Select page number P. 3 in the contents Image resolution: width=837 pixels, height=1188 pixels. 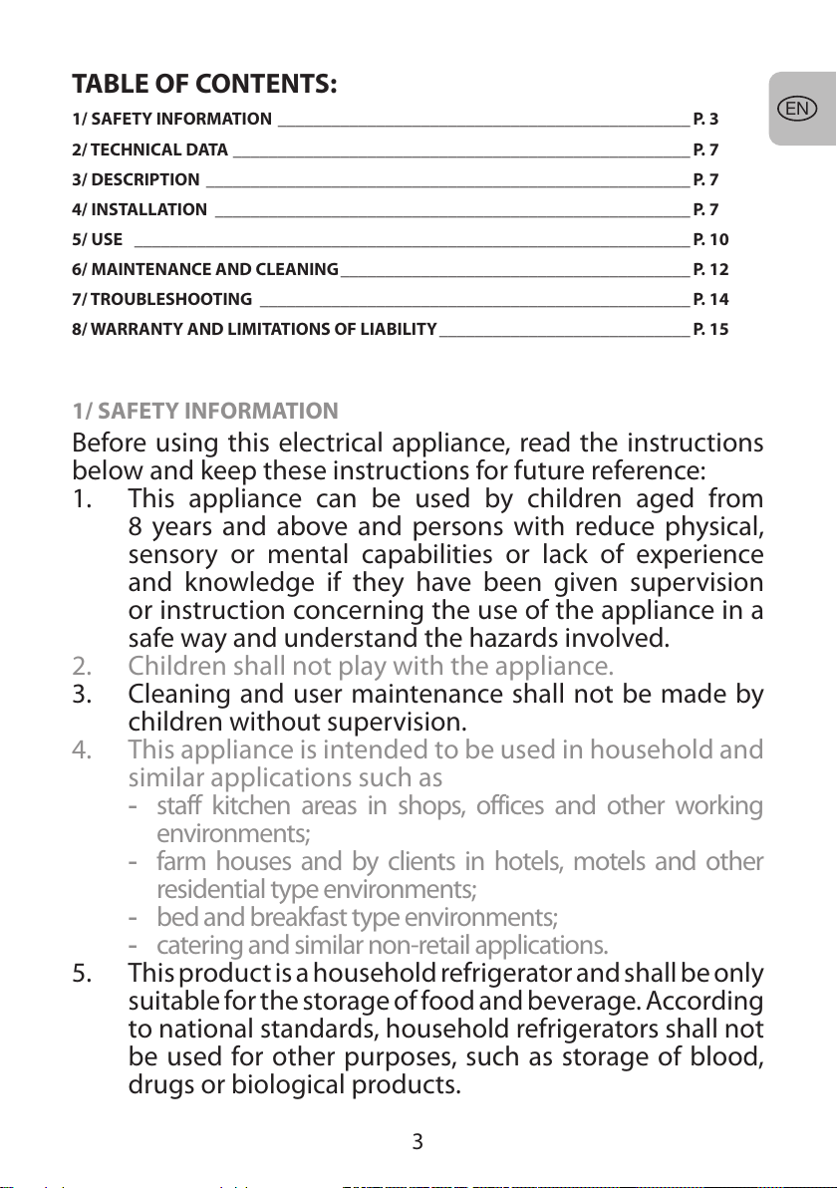coord(705,120)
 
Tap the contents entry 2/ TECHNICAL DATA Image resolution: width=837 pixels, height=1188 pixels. coord(150,150)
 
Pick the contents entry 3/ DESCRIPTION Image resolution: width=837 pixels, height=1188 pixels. coord(136,180)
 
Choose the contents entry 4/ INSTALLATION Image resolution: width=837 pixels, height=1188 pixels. coord(139,210)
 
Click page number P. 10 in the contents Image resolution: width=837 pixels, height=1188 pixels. coord(710,239)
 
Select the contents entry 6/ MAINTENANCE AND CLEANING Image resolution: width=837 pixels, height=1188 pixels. coord(205,269)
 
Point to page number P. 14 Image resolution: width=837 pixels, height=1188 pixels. coord(710,299)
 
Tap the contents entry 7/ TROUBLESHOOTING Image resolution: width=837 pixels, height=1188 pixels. coord(161,299)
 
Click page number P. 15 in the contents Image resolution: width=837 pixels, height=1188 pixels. coord(710,329)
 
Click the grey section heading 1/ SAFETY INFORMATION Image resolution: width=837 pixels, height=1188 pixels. coord(205,411)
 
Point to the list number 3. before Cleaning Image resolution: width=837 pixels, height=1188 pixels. coord(85,691)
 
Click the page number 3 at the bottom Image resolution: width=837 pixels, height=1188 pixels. coord(418,1142)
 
